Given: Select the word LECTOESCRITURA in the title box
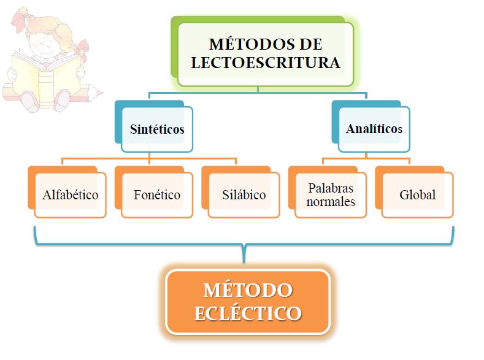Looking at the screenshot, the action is pos(266,63).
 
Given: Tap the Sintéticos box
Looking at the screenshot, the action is pos(157,129).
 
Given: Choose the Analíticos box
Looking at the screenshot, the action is pos(374,129).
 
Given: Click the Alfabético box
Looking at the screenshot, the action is pos(71,195).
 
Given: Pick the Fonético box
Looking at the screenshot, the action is pos(157,195).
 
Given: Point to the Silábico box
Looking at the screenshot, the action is pos(244,195).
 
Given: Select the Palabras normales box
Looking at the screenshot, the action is pos(331,195).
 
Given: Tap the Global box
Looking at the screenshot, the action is pos(417,195).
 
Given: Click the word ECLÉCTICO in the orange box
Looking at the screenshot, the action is pos(248,313).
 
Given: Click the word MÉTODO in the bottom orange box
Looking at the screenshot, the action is pos(248,289).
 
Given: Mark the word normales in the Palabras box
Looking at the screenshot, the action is pos(331,202).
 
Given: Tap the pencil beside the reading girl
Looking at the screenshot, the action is pos(92,91).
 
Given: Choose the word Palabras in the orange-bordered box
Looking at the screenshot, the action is pos(331,188).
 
